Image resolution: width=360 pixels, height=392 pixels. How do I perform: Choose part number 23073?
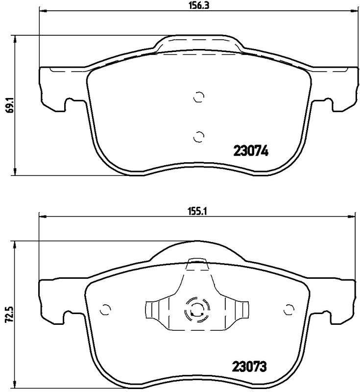(x=249, y=367)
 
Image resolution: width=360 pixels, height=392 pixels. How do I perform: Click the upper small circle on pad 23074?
(x=198, y=98)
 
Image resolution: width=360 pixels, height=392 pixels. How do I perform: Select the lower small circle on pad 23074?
(x=198, y=136)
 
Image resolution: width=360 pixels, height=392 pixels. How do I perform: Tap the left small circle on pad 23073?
(x=105, y=309)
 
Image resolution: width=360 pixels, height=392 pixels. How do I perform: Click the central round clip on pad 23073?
(x=196, y=310)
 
